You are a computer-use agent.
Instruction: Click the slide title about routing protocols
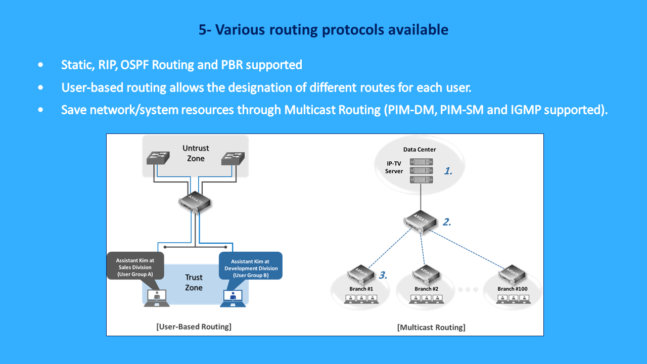pyautogui.click(x=323, y=30)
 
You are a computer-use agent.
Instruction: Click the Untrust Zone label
pyautogui.click(x=196, y=153)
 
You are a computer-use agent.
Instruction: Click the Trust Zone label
pyautogui.click(x=193, y=282)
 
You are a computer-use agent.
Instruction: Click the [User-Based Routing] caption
pyautogui.click(x=194, y=327)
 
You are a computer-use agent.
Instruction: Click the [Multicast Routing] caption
pyautogui.click(x=431, y=327)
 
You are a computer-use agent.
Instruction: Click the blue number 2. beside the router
pyautogui.click(x=447, y=221)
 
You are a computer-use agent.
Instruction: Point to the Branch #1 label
pyautogui.click(x=361, y=289)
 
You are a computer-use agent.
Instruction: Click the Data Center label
pyautogui.click(x=419, y=149)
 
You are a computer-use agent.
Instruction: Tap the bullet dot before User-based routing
pyautogui.click(x=40, y=87)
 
